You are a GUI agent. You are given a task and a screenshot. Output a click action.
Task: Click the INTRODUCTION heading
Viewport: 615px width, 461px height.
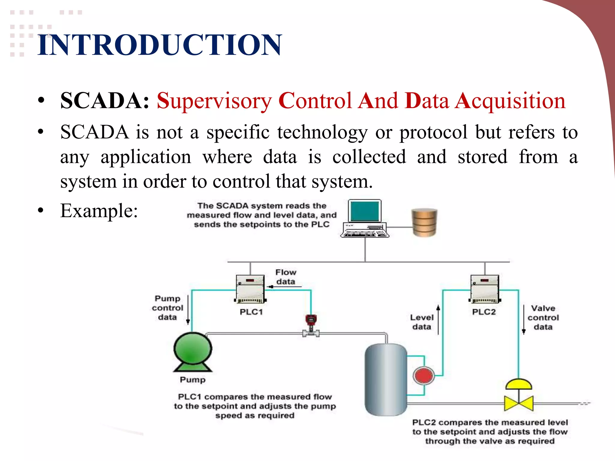(x=159, y=45)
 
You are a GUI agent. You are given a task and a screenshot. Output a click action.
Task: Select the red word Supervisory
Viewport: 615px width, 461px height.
(x=214, y=101)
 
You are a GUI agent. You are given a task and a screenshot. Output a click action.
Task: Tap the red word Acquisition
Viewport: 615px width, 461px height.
(x=510, y=101)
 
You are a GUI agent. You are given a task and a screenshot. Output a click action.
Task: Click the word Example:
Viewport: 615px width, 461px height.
(x=99, y=211)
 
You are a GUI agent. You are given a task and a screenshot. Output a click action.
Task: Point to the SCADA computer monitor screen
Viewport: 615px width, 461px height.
(x=365, y=211)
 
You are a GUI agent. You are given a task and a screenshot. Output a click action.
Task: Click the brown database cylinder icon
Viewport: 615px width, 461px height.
(x=424, y=222)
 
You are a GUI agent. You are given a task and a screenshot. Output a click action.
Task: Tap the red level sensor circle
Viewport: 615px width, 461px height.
(x=423, y=375)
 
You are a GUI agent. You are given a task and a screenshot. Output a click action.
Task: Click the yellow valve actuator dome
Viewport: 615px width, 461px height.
(x=519, y=384)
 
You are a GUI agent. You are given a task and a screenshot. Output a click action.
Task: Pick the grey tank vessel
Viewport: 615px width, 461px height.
(x=386, y=380)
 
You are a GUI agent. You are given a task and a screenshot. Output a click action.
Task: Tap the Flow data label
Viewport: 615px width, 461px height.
(x=286, y=277)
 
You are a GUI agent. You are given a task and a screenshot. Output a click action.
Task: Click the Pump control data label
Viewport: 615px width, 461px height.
(x=167, y=308)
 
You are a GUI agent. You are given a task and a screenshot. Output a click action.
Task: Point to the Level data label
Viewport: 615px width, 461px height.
(x=422, y=322)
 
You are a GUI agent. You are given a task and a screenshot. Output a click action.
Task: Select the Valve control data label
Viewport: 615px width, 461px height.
(x=543, y=318)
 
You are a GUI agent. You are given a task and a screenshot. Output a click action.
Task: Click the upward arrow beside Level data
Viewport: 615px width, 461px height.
(x=438, y=320)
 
